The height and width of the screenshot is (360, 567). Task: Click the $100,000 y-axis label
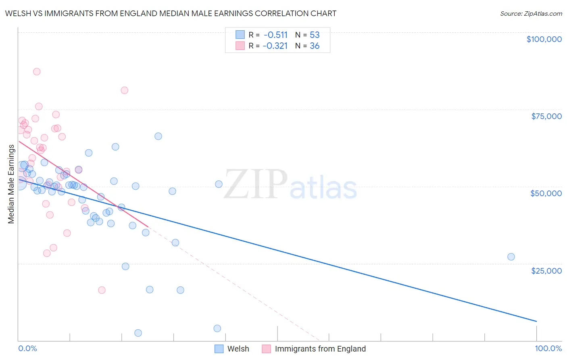click(x=544, y=39)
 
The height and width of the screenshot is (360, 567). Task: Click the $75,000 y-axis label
click(x=546, y=116)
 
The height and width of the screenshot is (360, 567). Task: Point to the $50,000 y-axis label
click(x=546, y=193)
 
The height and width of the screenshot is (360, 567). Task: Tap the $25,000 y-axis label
click(x=546, y=270)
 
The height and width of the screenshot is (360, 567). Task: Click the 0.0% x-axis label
click(x=27, y=348)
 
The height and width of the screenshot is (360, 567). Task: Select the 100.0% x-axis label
click(x=548, y=348)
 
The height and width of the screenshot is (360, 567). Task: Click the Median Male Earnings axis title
click(x=11, y=184)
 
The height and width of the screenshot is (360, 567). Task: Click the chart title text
click(x=171, y=13)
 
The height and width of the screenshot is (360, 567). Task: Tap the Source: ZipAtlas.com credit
click(x=531, y=13)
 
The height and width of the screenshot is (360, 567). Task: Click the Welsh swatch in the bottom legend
click(x=219, y=349)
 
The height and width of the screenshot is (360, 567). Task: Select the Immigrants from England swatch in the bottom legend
click(x=267, y=349)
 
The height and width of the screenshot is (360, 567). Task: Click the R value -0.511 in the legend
click(x=275, y=35)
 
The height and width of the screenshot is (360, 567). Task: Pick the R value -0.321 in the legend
click(x=275, y=46)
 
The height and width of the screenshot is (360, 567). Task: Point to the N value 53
click(x=315, y=35)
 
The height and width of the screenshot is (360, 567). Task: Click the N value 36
click(x=315, y=46)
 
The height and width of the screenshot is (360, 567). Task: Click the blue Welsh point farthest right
click(x=511, y=257)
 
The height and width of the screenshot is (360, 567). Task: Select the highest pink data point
click(x=37, y=71)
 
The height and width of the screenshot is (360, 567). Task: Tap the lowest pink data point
click(x=102, y=290)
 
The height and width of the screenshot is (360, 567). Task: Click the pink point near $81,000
click(x=125, y=90)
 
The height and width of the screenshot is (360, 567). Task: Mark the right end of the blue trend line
click(x=536, y=321)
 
